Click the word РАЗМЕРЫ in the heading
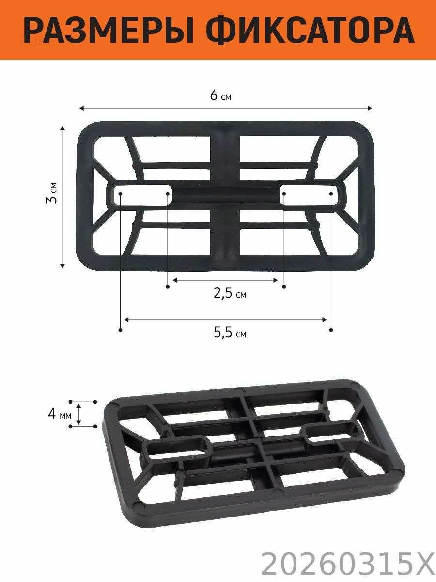tap(109, 31)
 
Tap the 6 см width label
tap(220, 95)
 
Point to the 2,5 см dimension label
tap(230, 294)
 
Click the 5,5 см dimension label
tap(230, 333)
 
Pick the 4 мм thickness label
tap(60, 414)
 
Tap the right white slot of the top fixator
tap(309, 195)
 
